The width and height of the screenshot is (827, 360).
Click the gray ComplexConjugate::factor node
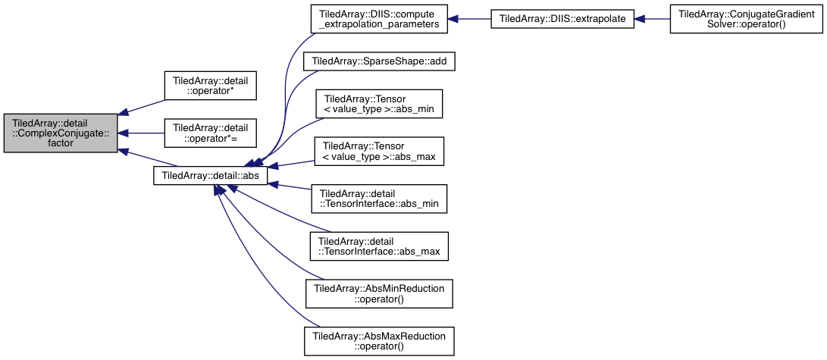[61, 133]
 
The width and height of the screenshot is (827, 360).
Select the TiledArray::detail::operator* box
[211, 86]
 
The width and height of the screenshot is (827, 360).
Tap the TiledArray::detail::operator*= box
[211, 133]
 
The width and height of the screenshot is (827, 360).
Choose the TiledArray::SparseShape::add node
[378, 61]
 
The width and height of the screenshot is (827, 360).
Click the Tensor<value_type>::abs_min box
[378, 104]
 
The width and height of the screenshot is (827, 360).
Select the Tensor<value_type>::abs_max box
[378, 152]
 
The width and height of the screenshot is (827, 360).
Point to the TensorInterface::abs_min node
[378, 199]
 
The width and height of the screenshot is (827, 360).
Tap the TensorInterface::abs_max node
[378, 247]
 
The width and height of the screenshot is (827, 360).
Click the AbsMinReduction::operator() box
[378, 293]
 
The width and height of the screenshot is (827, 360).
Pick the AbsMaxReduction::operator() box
[378, 340]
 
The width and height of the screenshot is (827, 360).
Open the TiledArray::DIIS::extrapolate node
[562, 19]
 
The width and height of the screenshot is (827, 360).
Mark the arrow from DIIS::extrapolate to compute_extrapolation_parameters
[469, 19]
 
